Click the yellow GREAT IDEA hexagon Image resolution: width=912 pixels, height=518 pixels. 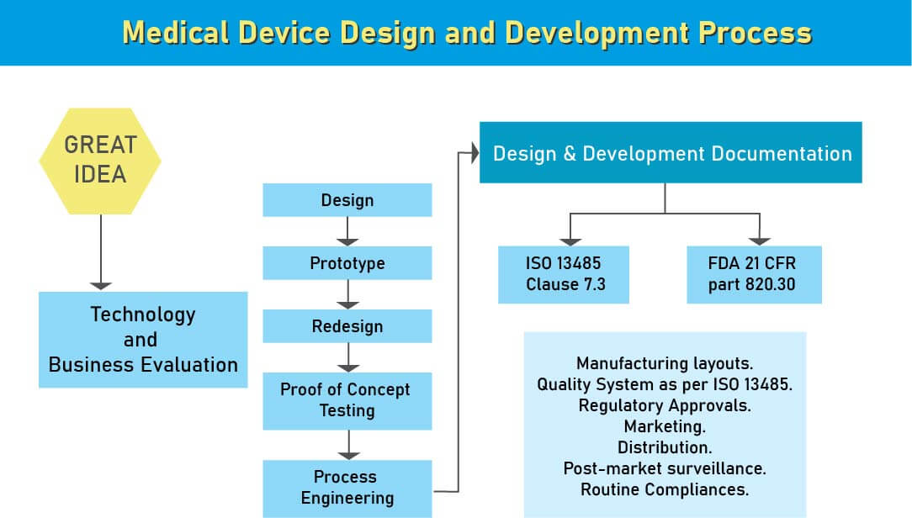[x=100, y=161]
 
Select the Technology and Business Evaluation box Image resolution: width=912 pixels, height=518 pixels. [x=143, y=340]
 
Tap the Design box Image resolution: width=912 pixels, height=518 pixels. [x=347, y=200]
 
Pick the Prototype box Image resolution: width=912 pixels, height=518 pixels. [x=347, y=262]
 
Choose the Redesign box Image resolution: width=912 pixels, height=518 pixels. [x=347, y=326]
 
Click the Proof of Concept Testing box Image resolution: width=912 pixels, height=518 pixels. [x=347, y=401]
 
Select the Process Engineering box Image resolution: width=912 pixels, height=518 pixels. [x=347, y=489]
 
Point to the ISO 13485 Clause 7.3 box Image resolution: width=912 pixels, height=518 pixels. [x=564, y=274]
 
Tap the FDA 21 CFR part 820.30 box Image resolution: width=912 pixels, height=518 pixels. [x=755, y=274]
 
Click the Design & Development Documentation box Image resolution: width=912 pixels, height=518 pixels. [x=671, y=152]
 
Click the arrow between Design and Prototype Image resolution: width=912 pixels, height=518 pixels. [x=347, y=231]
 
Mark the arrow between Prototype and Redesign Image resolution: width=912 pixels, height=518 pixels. [x=347, y=295]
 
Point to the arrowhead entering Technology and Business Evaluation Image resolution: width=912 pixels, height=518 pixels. [x=101, y=286]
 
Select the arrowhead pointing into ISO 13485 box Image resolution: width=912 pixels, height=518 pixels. [x=570, y=242]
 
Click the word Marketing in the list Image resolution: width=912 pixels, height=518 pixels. [x=664, y=426]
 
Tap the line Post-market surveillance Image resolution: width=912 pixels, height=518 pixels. [x=664, y=468]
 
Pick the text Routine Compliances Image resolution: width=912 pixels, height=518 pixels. [x=664, y=489]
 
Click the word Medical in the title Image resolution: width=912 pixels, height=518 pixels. [x=175, y=33]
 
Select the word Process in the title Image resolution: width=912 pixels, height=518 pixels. [x=755, y=33]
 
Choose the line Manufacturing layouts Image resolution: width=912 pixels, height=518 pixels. [x=664, y=363]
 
